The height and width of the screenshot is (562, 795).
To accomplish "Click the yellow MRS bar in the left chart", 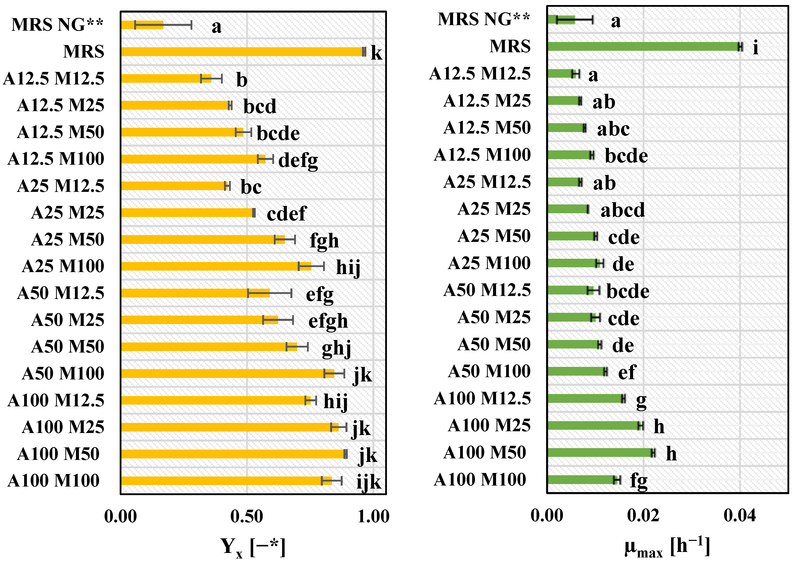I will [242, 52].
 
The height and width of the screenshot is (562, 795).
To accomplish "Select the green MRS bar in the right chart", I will [644, 47].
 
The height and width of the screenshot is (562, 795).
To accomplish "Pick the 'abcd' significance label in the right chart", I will [622, 210].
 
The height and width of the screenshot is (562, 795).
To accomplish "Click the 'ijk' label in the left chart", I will [368, 482].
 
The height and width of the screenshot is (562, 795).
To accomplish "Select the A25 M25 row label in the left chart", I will [68, 212].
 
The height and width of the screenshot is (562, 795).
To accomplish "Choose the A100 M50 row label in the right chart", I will [484, 452].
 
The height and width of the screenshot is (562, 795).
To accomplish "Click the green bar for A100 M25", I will [594, 425].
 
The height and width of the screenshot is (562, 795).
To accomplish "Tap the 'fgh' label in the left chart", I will [324, 241].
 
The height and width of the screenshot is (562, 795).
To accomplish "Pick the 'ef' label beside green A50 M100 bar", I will [627, 372].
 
